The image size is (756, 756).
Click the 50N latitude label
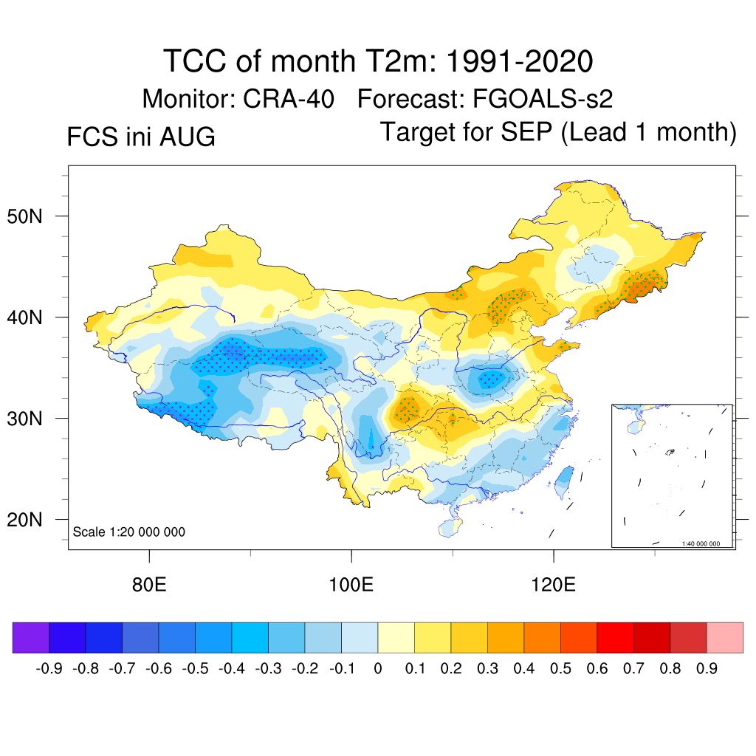point(24,216)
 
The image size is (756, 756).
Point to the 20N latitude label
point(24,520)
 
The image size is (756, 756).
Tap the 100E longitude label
point(351,585)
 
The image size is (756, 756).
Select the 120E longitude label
point(554,585)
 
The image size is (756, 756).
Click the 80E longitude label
point(149,585)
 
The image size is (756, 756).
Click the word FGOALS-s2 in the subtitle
point(543,99)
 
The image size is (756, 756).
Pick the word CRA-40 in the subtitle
point(289,99)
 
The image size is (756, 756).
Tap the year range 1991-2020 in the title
point(519,61)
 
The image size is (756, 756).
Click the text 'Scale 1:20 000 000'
point(128,532)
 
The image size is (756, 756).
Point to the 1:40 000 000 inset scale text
point(701,544)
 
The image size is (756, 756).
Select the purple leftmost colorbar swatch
point(31,637)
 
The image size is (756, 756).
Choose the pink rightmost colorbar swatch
point(725,637)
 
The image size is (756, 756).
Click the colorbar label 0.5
point(560,669)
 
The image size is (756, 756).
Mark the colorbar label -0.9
point(49,669)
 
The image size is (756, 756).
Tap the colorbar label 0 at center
point(378,669)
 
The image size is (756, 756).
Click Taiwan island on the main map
point(564,481)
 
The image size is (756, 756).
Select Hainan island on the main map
point(450,528)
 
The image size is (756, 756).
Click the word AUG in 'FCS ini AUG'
point(187,137)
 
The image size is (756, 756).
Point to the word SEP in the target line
point(526,131)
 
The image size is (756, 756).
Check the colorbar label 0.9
point(707,669)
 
